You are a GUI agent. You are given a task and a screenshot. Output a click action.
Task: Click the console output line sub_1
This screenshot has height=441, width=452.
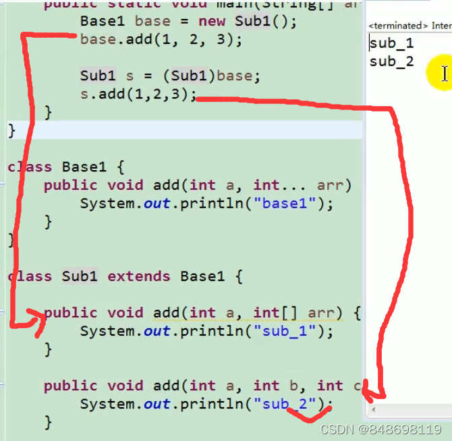(x=391, y=44)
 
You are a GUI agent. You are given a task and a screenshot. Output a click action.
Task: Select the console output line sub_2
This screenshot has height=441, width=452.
(x=391, y=62)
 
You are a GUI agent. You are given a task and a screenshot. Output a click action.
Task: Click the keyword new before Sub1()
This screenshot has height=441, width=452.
(x=212, y=21)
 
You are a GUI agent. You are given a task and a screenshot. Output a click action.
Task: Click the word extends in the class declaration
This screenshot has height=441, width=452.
(x=139, y=276)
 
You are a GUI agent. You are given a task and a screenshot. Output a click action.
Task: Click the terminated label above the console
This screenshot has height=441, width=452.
(x=398, y=26)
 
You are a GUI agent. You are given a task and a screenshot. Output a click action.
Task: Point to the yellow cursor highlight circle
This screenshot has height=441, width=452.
(x=442, y=73)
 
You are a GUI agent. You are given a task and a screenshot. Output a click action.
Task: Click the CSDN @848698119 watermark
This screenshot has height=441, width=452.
(x=380, y=430)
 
